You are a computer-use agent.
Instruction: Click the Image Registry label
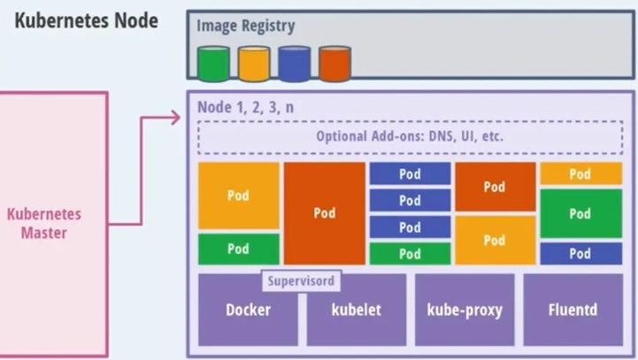tap(246, 27)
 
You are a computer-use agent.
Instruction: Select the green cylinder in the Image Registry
tap(212, 64)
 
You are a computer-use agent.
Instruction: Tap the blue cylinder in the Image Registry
tap(294, 64)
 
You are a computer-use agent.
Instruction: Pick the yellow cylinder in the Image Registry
tap(253, 64)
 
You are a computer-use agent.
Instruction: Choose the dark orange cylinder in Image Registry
tap(334, 64)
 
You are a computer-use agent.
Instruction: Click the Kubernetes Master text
tap(44, 224)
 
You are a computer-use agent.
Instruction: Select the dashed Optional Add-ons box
tap(410, 137)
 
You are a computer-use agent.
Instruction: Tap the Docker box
tap(248, 310)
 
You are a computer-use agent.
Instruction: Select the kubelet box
tap(356, 310)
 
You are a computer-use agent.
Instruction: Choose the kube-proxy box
tap(464, 310)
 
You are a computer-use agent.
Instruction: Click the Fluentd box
tap(573, 310)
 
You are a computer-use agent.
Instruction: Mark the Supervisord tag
tap(302, 281)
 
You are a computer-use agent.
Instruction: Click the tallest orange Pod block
tap(324, 213)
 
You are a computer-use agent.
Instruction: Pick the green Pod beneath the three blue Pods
tap(410, 254)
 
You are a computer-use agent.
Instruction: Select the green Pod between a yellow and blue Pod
tap(580, 213)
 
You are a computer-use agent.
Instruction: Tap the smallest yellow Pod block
tap(580, 174)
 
